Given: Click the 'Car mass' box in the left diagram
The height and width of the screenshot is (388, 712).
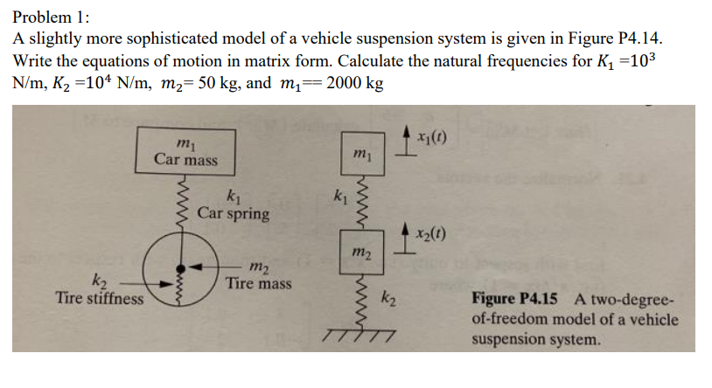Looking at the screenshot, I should point(185,150).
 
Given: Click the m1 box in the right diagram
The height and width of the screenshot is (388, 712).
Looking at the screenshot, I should point(361,155).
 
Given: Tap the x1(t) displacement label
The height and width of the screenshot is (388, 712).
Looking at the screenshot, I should point(433,138).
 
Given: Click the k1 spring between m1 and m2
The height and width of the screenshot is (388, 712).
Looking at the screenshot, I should point(359,203).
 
